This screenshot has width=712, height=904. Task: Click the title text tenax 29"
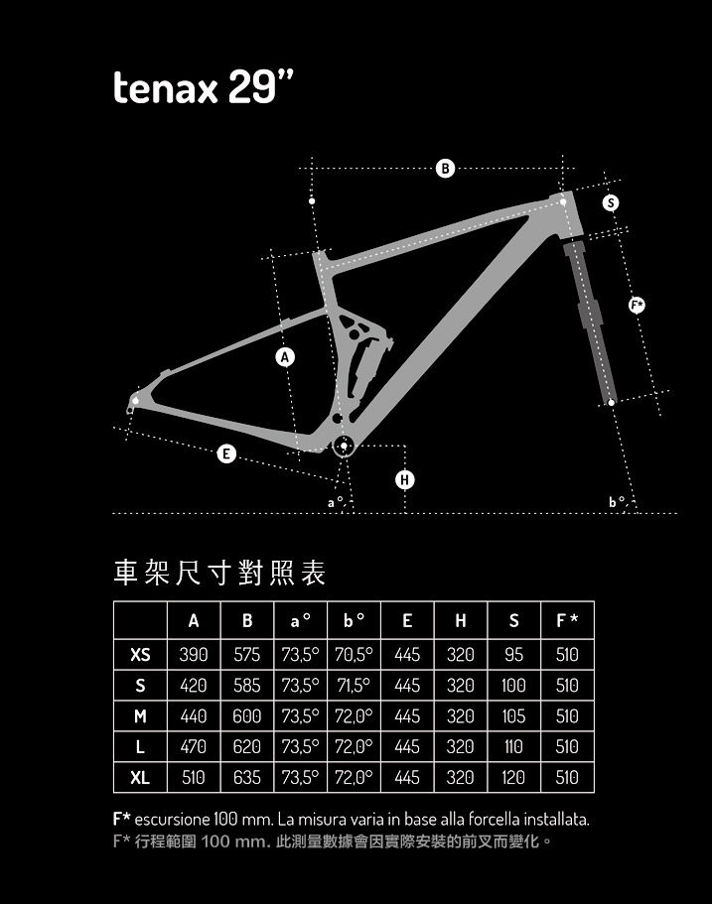click(205, 88)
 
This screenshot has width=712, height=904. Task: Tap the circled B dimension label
click(446, 169)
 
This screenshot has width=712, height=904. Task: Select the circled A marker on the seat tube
click(286, 356)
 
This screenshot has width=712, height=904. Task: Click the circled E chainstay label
click(227, 453)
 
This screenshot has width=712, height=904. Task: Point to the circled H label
click(404, 480)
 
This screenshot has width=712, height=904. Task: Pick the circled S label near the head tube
click(611, 202)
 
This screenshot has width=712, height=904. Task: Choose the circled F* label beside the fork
click(638, 305)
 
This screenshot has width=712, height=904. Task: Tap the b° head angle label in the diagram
click(617, 502)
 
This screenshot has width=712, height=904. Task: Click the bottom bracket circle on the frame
click(344, 447)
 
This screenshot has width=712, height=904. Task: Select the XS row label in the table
click(140, 655)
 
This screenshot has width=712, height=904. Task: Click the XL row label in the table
click(140, 778)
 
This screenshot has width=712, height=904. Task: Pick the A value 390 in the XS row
click(194, 655)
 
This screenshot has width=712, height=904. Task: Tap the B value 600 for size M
click(247, 716)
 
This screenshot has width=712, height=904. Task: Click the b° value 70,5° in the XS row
click(354, 655)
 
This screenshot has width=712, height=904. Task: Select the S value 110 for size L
click(513, 747)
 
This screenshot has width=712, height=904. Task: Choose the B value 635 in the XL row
click(247, 778)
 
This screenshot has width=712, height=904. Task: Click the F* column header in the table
click(567, 621)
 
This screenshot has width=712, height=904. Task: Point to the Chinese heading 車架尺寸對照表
click(220, 573)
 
